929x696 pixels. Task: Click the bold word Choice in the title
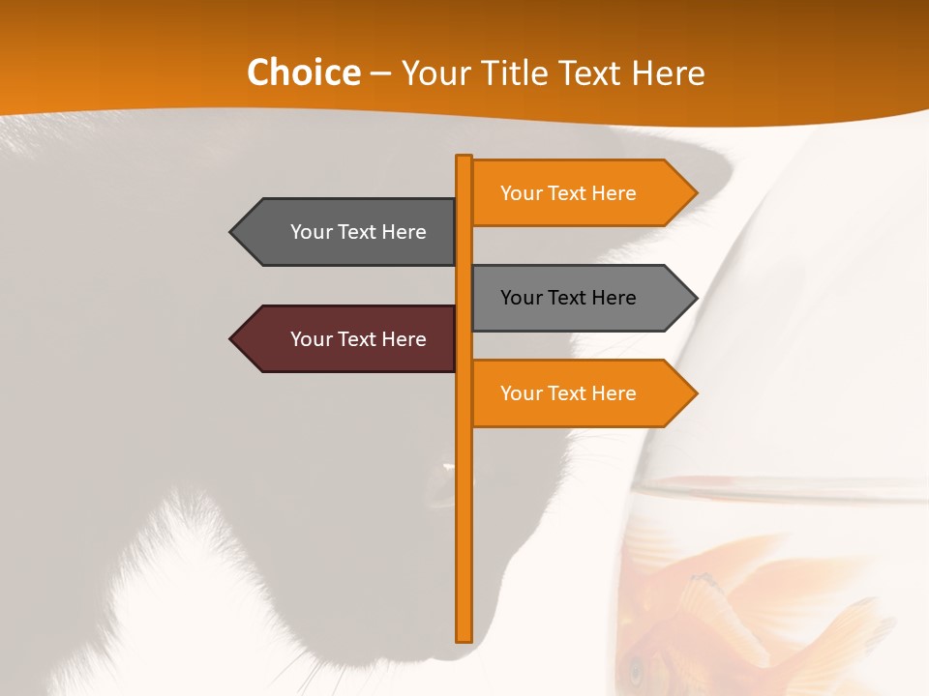(x=303, y=73)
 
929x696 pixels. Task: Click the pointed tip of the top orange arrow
(x=696, y=193)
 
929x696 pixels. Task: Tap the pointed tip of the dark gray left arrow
(x=231, y=232)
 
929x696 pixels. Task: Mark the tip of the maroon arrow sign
(x=231, y=339)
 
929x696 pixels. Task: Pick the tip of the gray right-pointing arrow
(x=696, y=298)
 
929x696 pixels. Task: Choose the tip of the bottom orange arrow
(x=696, y=393)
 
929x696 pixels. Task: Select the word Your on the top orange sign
(x=521, y=193)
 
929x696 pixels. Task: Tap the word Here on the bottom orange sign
(x=614, y=393)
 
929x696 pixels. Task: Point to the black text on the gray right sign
(x=568, y=298)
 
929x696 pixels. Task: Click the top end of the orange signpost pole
(x=464, y=158)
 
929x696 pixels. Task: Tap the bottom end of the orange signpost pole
(x=464, y=639)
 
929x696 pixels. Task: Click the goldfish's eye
(x=636, y=667)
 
